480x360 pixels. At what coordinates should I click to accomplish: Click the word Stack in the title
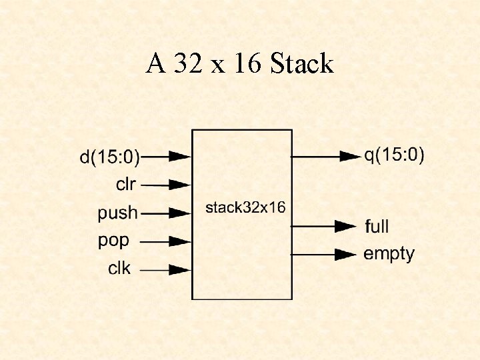[302, 64]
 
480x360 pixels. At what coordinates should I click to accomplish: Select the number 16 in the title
[247, 64]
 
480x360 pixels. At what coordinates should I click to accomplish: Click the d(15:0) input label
[110, 157]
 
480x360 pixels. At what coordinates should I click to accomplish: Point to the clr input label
[125, 183]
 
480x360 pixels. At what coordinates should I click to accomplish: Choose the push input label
[118, 213]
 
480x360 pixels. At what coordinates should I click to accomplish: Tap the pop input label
[114, 240]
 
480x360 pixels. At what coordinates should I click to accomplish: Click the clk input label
[120, 269]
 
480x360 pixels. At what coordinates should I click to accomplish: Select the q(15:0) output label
[394, 155]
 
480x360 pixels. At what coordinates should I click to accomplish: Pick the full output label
[377, 226]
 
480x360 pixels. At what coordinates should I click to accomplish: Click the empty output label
[389, 254]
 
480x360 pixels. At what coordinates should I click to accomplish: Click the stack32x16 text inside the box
[245, 207]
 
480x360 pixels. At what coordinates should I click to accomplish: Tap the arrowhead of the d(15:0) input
[180, 157]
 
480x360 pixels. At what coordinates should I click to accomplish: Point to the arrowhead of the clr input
[180, 184]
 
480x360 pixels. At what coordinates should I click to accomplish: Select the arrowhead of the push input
[180, 213]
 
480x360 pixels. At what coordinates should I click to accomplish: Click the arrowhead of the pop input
[180, 241]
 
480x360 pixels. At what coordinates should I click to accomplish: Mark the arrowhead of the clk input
[180, 270]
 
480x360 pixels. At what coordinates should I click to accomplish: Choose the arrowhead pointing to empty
[345, 254]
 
